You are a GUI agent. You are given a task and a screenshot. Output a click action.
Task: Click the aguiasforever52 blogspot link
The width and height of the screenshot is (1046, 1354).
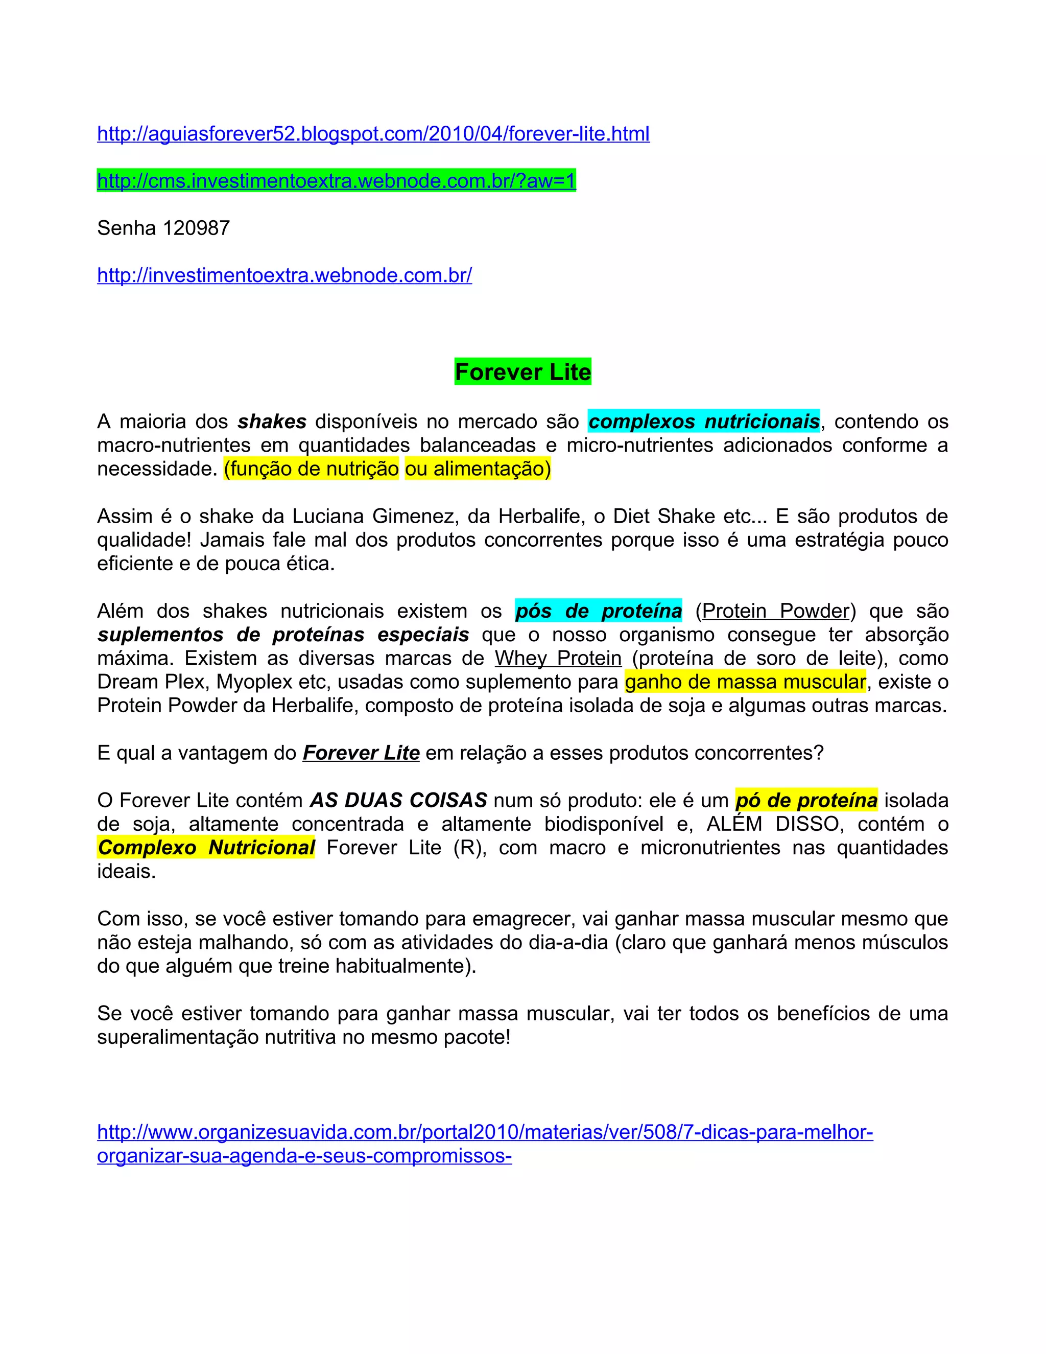tap(373, 134)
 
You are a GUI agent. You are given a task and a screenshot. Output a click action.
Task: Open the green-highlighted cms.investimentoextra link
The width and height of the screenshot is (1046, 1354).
tap(337, 181)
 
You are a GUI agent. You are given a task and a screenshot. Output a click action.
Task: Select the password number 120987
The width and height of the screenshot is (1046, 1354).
tap(196, 228)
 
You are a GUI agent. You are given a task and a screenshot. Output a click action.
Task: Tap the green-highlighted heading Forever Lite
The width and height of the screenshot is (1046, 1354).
tap(522, 372)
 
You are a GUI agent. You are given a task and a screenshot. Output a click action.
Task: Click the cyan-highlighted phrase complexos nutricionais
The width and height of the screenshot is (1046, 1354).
tap(703, 422)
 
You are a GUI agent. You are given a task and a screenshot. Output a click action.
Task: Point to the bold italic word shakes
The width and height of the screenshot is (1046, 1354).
tap(272, 422)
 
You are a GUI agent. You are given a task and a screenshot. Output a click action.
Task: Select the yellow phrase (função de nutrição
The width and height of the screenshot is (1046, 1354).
tap(311, 469)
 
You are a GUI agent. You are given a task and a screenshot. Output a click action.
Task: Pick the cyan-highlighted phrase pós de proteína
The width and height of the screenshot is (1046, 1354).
tap(598, 611)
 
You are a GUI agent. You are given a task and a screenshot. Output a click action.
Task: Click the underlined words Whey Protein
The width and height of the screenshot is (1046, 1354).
tap(558, 659)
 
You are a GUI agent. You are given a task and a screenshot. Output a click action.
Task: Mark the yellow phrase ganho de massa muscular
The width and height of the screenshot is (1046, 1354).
tap(745, 682)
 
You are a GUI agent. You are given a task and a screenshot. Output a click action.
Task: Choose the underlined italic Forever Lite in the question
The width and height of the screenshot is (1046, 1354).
tap(361, 753)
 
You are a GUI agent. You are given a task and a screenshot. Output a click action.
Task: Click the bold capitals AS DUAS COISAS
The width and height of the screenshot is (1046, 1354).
tap(398, 800)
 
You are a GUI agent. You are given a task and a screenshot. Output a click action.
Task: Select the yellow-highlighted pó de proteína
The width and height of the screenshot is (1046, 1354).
tap(806, 800)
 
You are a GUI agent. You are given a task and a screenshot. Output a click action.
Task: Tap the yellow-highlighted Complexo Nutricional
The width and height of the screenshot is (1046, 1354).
tap(206, 848)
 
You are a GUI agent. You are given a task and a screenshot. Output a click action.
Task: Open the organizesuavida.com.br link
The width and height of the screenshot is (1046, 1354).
tap(485, 1133)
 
